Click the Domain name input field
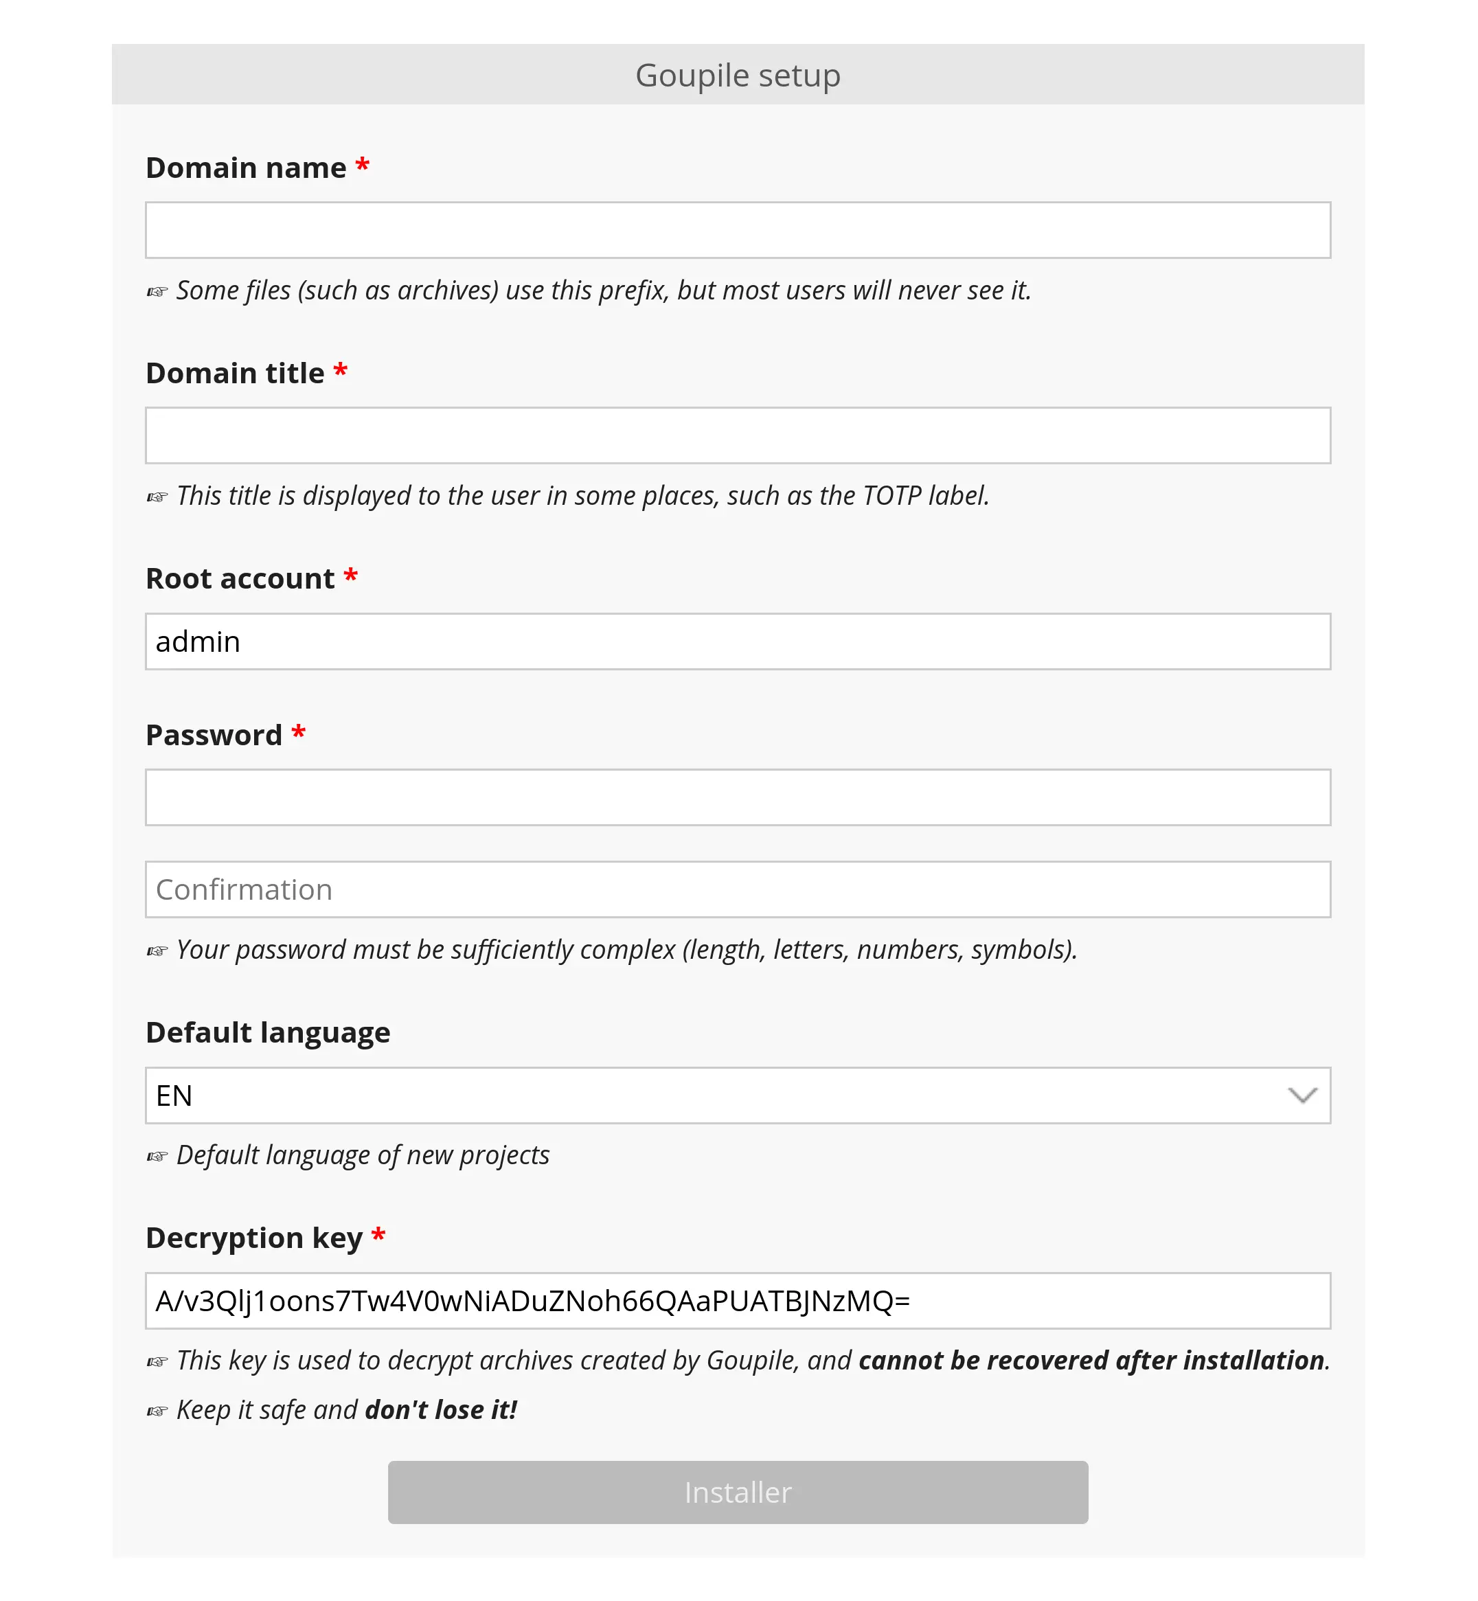coord(738,230)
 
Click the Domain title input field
coord(738,436)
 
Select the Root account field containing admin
coord(738,641)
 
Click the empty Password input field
coord(738,797)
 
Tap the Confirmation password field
coord(738,889)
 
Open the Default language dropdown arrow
coord(1302,1095)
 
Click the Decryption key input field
coord(738,1301)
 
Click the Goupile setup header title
coord(738,75)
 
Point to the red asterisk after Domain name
coord(363,166)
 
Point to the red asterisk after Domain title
coord(341,371)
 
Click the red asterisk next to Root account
coord(350,576)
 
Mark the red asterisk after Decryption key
coord(378,1236)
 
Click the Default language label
coord(268,1032)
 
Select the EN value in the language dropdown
coord(174,1095)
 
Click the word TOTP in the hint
coord(891,496)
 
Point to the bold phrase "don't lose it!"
coord(441,1410)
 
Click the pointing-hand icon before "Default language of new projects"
coord(157,1157)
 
